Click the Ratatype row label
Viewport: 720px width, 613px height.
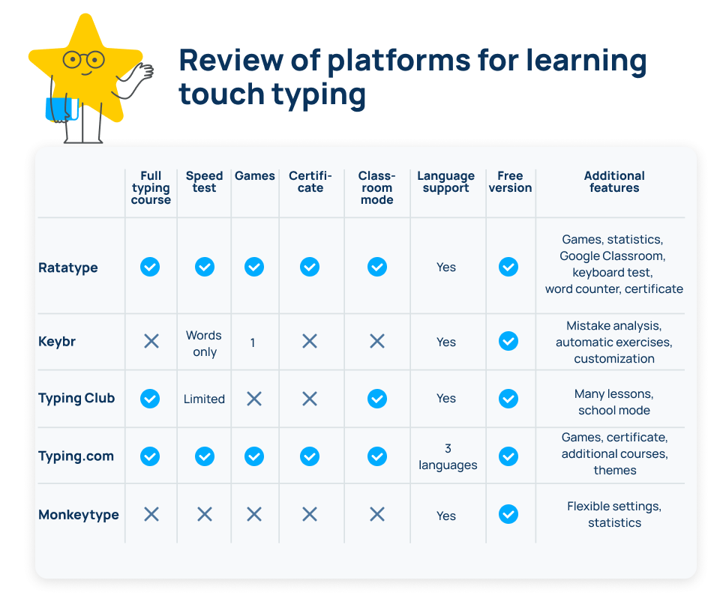(68, 268)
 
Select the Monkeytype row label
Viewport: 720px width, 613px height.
(79, 515)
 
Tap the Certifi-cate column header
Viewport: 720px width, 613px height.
(310, 181)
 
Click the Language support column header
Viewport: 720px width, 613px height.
(445, 182)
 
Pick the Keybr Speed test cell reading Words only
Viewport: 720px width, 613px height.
(204, 343)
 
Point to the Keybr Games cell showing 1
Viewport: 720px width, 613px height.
(253, 342)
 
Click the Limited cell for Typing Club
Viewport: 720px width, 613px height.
(204, 399)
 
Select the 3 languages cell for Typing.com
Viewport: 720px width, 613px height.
(448, 456)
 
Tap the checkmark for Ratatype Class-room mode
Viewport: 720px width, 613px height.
(377, 267)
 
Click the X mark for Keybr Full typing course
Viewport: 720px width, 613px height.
(151, 341)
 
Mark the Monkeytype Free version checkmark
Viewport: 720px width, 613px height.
(508, 514)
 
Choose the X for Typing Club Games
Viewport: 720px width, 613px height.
(254, 399)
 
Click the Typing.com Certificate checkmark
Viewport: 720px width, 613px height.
(310, 456)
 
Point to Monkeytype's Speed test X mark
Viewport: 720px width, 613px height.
(205, 514)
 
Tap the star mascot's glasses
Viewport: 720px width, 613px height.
(84, 60)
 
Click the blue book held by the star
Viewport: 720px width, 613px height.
(61, 109)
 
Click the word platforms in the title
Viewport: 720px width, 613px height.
(398, 61)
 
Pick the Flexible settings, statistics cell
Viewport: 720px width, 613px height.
(614, 514)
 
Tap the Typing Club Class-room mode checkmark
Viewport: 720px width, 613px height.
(377, 398)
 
